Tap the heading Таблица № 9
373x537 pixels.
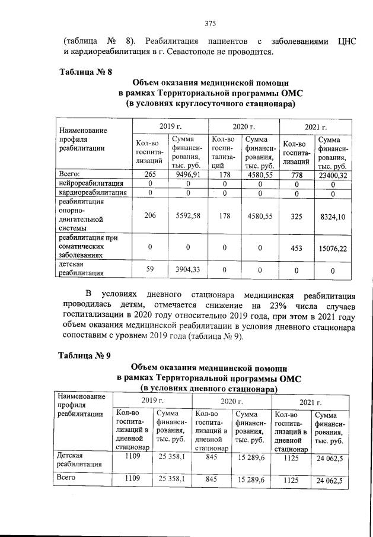[x=84, y=356]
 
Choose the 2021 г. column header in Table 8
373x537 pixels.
[x=315, y=127]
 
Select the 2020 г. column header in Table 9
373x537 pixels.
[x=231, y=402]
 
